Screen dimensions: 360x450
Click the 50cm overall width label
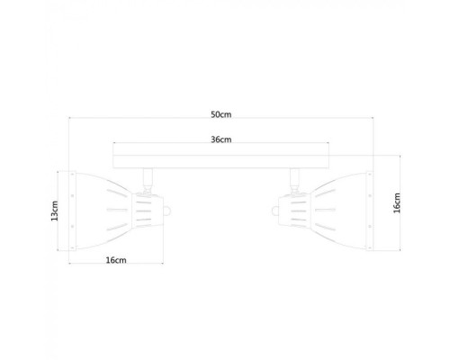click(221, 114)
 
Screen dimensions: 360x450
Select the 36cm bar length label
click(221, 139)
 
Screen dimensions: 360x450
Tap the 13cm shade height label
click(55, 211)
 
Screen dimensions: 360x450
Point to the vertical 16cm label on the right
click(397, 203)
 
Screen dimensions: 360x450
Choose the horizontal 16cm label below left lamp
click(114, 261)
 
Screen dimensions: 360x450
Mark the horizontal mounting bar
click(221, 160)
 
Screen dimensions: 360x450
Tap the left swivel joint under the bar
click(146, 178)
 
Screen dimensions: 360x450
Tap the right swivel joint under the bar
click(295, 178)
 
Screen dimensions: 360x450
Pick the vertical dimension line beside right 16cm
click(388, 203)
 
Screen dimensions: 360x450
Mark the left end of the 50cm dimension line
click(71, 121)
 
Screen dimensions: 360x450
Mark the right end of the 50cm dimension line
click(372, 121)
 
